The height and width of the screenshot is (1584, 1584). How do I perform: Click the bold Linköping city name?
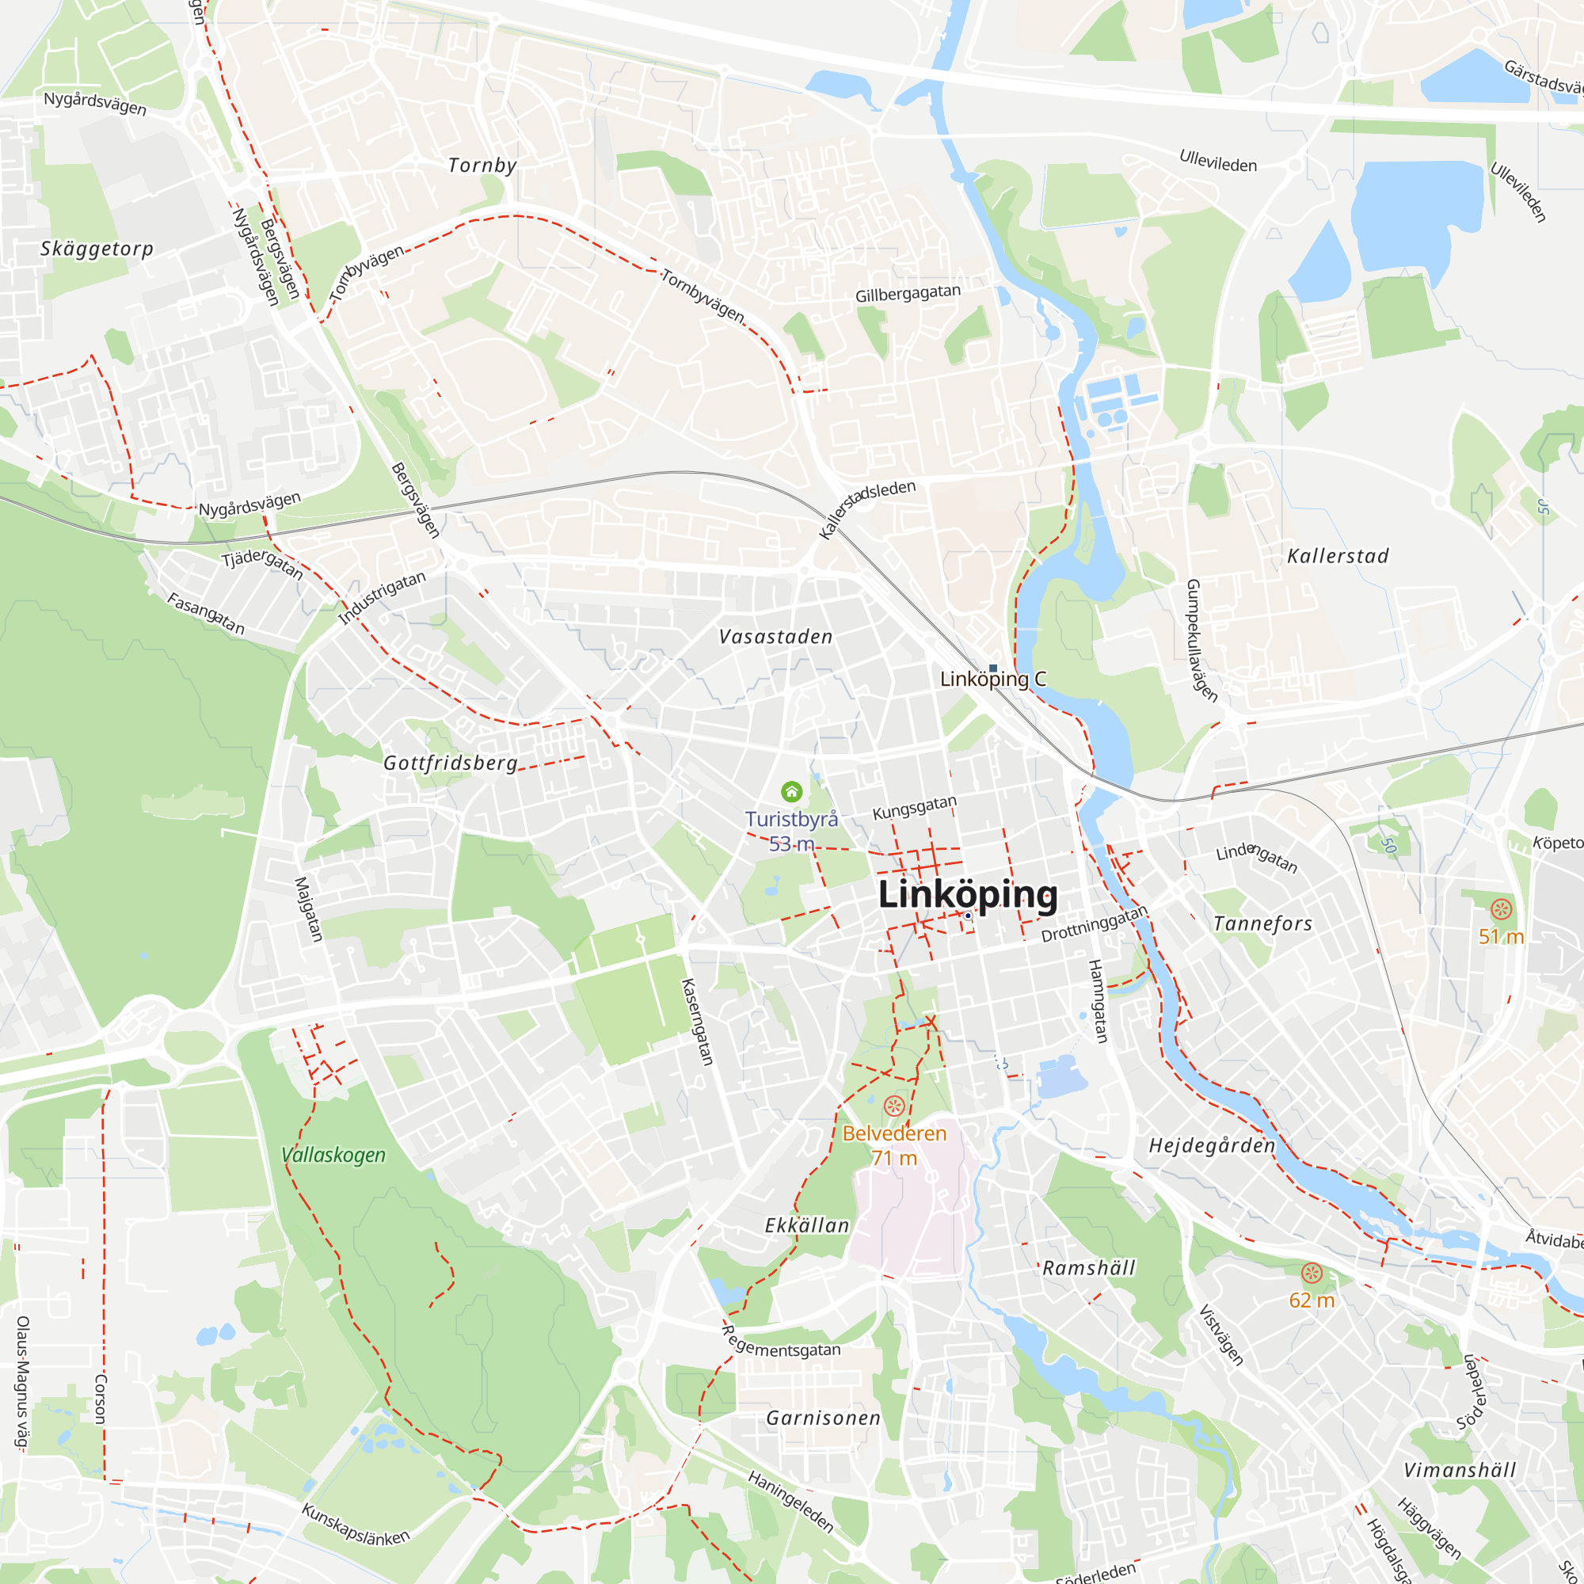[968, 894]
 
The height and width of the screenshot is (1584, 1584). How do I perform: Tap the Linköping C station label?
[993, 679]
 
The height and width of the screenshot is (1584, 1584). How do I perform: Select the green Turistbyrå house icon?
[791, 791]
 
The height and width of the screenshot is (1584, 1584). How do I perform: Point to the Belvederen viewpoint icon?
[893, 1106]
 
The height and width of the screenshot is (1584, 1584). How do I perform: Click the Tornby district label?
[482, 166]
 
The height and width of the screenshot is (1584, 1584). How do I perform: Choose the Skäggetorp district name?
[97, 249]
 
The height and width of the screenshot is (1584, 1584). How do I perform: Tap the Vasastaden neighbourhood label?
[775, 637]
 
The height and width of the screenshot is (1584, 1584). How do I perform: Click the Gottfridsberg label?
[450, 763]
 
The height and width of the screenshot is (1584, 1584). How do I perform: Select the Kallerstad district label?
[1338, 557]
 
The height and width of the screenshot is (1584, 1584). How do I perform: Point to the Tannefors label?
[1262, 924]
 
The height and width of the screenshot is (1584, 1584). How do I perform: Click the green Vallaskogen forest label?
[333, 1156]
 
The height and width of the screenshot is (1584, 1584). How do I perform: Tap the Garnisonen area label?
[823, 1418]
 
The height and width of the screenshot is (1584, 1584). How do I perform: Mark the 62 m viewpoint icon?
[1312, 1274]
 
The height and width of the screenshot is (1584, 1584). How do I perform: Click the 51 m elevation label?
[1501, 936]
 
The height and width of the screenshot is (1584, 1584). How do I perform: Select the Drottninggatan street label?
[1094, 924]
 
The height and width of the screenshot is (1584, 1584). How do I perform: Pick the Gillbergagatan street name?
[908, 294]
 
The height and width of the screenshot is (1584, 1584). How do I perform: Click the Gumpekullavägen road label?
[1201, 639]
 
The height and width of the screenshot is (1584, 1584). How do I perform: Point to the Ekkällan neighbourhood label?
[807, 1226]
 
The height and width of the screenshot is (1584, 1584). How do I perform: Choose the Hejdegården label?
[1212, 1145]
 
